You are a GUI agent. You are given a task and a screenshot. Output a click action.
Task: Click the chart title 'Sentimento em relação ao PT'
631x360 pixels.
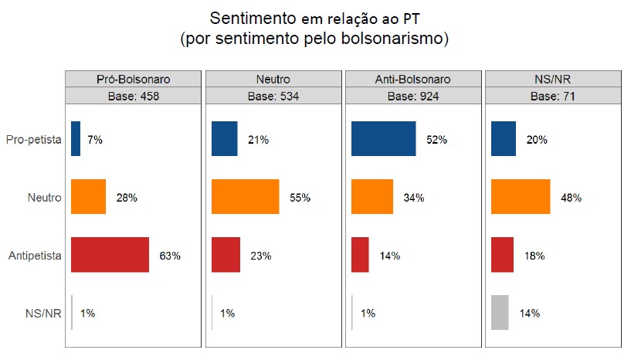(314, 18)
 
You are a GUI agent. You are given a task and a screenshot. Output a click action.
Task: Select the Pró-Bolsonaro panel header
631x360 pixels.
(133, 79)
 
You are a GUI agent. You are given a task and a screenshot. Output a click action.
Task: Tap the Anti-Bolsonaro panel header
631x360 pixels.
(413, 79)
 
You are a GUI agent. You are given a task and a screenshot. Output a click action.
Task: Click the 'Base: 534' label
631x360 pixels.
(273, 96)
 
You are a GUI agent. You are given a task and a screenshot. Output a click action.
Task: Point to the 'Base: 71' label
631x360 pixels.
(553, 96)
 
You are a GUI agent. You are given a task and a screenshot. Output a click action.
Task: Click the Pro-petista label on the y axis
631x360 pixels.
(33, 140)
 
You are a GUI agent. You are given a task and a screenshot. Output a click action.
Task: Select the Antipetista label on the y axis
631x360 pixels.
(35, 255)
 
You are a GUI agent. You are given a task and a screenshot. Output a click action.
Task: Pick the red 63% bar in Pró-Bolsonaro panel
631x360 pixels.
(110, 255)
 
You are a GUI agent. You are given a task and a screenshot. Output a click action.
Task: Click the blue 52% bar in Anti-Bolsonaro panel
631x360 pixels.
(383, 140)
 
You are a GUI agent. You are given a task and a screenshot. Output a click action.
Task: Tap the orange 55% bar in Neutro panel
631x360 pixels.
(245, 197)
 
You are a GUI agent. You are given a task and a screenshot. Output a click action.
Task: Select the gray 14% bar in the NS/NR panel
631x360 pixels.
(500, 313)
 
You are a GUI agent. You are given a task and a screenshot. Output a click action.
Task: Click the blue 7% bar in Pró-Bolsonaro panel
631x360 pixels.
(76, 140)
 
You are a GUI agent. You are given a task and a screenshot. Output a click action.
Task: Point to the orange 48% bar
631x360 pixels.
(521, 197)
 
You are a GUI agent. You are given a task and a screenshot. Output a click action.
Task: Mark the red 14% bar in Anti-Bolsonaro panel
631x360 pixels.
(360, 255)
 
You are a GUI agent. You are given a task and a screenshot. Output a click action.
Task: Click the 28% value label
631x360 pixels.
(127, 198)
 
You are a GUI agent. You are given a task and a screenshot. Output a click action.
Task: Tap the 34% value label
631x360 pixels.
(413, 198)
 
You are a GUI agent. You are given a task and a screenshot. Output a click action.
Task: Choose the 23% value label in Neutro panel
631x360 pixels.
(260, 256)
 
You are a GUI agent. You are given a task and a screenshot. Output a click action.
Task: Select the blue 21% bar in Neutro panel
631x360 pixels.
(225, 140)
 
